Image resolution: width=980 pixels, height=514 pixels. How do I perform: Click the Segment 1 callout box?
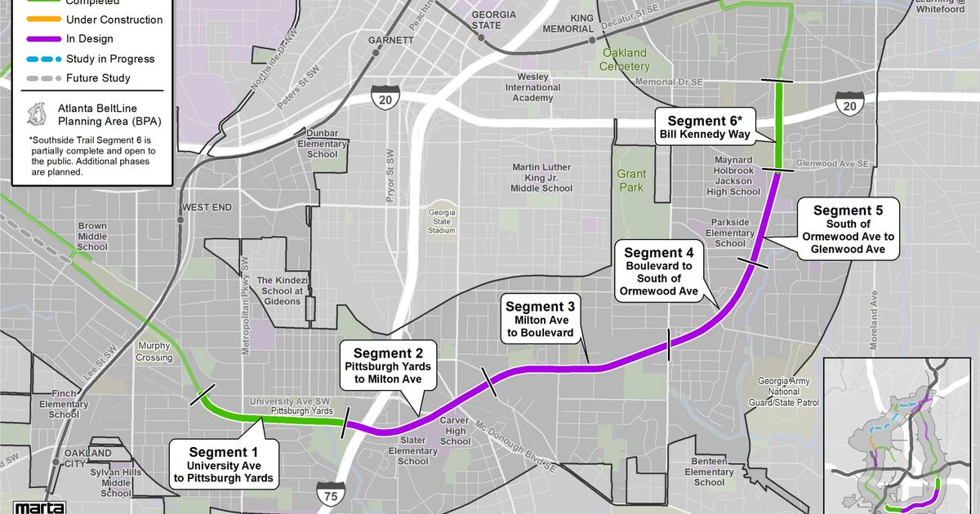click(224, 465)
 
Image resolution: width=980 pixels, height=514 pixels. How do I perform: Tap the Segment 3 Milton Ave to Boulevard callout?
click(540, 319)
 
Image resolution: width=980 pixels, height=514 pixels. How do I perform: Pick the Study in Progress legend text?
click(109, 59)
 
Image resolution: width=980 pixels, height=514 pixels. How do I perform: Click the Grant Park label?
click(630, 180)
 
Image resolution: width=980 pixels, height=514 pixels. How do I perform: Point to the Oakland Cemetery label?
click(624, 60)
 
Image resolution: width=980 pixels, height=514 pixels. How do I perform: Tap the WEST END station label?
click(207, 208)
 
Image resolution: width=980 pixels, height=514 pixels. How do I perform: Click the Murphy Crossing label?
click(154, 352)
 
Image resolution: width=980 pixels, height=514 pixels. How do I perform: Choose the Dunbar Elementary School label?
click(322, 144)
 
